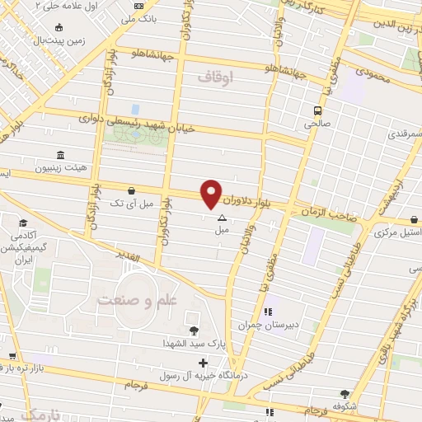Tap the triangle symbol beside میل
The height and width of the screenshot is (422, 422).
tap(220, 218)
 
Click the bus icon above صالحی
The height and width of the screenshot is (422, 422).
tap(317, 110)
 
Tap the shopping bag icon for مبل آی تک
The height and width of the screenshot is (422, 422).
tap(131, 190)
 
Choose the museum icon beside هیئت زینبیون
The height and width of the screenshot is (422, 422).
tap(60, 156)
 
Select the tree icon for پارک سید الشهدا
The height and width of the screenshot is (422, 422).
tap(194, 331)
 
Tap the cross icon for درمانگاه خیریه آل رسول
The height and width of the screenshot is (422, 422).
tap(204, 363)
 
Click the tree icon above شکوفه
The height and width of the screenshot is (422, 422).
tap(345, 394)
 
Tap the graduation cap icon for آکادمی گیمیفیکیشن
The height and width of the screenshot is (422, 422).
tap(22, 223)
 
